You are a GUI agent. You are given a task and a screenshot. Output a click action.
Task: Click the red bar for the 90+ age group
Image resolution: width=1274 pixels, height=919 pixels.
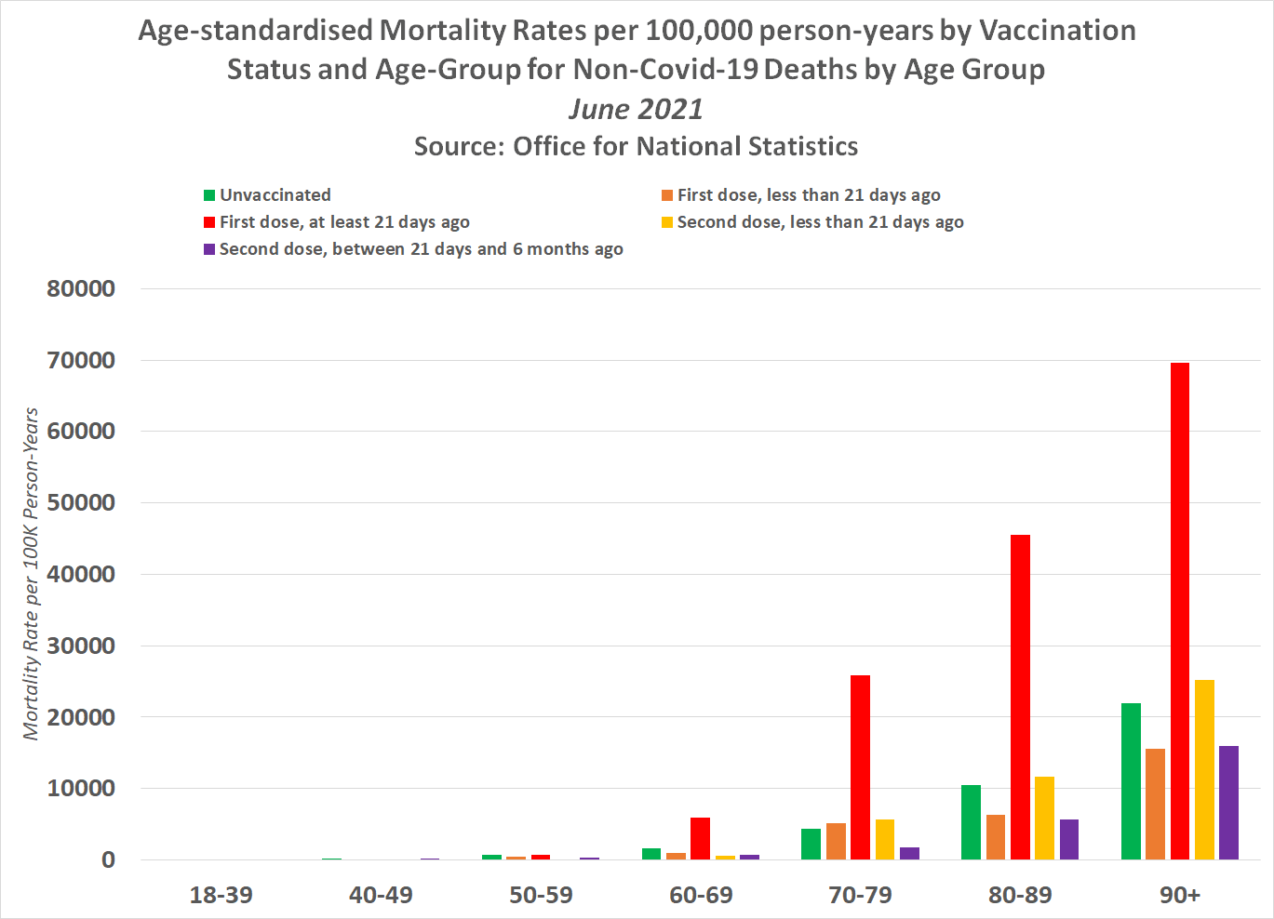[1179, 610]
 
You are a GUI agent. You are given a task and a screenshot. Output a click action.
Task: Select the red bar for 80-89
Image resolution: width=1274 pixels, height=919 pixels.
[1020, 697]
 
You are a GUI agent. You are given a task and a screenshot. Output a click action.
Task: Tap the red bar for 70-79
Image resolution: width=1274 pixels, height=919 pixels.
[860, 766]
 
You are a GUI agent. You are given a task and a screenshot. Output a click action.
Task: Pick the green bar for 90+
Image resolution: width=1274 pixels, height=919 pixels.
[1131, 780]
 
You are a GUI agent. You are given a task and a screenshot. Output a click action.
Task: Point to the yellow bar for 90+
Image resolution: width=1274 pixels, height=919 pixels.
[1204, 769]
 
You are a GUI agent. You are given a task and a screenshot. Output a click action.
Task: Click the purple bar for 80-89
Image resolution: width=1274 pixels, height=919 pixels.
[1068, 839]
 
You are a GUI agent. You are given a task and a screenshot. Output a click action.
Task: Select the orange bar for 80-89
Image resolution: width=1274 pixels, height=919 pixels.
[996, 836]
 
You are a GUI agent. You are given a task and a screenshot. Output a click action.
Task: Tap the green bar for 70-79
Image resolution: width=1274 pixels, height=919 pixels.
[811, 844]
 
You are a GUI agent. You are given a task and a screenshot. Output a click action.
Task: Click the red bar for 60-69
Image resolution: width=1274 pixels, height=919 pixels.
[700, 838]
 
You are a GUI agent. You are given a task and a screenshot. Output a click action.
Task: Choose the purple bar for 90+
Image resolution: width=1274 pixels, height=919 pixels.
[1228, 802]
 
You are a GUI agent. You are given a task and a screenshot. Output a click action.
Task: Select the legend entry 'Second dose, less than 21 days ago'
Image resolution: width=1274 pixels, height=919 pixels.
[820, 222]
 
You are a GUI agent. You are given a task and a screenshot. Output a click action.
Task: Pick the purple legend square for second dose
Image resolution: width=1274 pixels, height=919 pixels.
[209, 249]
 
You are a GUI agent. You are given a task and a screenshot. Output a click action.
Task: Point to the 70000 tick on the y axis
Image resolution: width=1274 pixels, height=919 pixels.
[81, 360]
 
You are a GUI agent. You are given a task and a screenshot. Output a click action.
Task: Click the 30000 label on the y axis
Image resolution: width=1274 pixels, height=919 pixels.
[81, 646]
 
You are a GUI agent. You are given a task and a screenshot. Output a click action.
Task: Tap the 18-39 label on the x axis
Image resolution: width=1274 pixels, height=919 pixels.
[221, 895]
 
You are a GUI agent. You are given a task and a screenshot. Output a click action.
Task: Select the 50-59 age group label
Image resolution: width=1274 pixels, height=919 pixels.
[541, 895]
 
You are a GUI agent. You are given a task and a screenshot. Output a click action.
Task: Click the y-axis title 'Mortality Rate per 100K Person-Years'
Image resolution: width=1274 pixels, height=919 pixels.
[32, 574]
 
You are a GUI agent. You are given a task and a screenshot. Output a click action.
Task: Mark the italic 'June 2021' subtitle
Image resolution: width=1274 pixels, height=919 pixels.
[636, 109]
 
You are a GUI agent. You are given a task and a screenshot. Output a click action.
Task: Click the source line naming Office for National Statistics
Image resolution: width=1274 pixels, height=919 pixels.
[636, 147]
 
